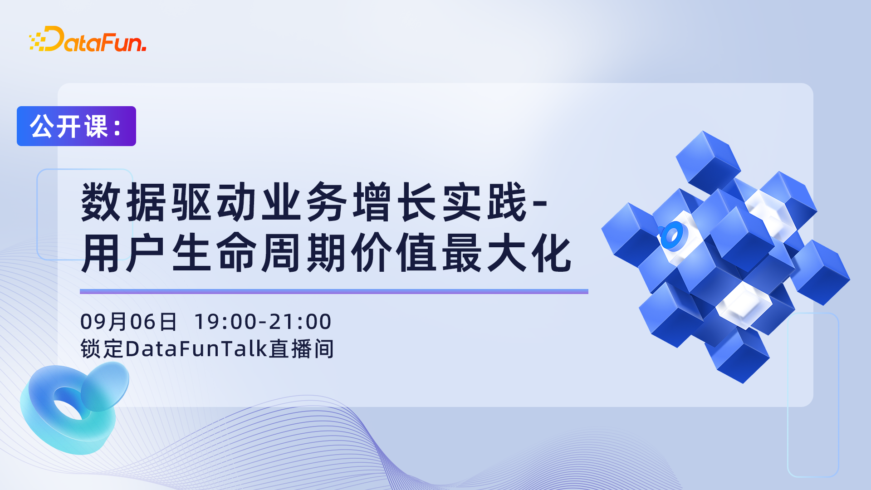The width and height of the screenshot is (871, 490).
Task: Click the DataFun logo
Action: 88,39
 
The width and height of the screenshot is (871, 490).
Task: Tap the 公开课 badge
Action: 76,126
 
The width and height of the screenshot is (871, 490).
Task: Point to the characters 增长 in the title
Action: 394,202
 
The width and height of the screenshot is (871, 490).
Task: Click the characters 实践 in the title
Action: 484,202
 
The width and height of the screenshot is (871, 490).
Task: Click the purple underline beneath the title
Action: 334,292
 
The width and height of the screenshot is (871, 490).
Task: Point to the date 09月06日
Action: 128,322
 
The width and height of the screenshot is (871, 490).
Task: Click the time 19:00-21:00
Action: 263,322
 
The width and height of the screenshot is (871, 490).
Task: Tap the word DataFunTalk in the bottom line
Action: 196,349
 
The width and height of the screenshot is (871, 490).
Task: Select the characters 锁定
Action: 102,349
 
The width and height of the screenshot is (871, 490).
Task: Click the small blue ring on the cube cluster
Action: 673,235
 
